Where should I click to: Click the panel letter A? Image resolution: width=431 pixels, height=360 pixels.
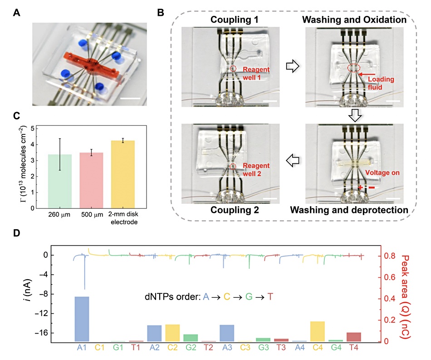[16, 13]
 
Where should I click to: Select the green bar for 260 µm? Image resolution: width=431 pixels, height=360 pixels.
[59, 181]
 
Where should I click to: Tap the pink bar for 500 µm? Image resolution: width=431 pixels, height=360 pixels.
[91, 180]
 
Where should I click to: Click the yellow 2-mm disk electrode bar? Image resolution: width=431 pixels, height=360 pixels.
[123, 174]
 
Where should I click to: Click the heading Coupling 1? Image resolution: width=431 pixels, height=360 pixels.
[234, 20]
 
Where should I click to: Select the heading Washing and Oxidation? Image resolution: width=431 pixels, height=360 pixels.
[354, 20]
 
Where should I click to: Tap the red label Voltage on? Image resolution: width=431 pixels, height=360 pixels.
[382, 173]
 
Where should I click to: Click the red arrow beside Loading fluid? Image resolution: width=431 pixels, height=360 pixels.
[367, 74]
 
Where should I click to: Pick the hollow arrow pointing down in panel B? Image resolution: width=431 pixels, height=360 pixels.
[355, 115]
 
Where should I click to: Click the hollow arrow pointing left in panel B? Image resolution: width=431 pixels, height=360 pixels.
[293, 160]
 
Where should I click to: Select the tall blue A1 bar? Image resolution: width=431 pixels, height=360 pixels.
[82, 319]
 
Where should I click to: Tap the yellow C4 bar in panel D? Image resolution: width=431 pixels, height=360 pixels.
[318, 331]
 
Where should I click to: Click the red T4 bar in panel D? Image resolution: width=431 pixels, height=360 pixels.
[354, 337]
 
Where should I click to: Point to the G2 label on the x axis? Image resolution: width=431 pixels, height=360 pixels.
[191, 348]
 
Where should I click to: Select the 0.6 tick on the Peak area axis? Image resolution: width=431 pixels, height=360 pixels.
[390, 277]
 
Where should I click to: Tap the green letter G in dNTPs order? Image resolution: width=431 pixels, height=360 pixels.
[249, 297]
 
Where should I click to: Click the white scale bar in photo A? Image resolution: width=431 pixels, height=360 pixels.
[130, 98]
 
